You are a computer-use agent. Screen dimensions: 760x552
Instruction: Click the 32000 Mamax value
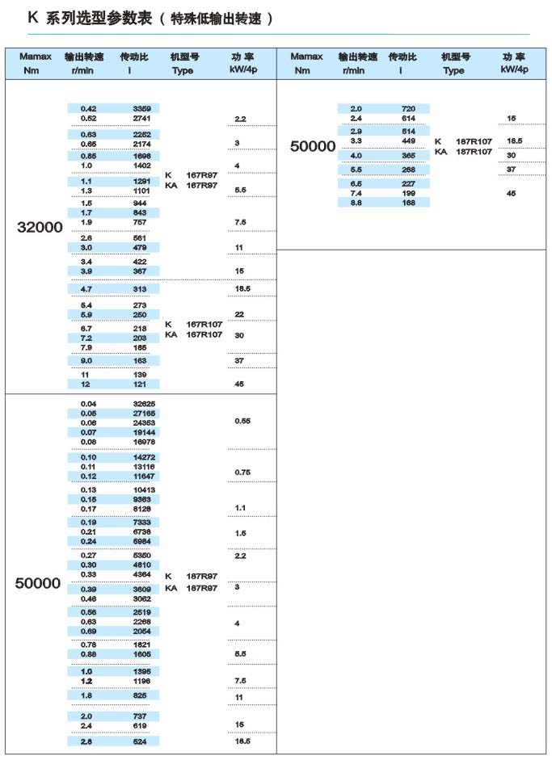(x=40, y=228)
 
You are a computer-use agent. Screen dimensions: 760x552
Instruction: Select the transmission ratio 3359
(x=142, y=108)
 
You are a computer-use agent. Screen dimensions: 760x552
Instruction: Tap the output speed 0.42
(x=89, y=108)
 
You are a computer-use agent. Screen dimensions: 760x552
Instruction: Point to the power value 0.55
(x=242, y=422)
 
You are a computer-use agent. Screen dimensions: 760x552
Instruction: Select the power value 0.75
(x=242, y=472)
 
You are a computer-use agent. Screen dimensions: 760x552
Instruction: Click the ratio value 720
(x=408, y=108)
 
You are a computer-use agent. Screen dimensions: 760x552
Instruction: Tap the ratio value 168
(x=408, y=203)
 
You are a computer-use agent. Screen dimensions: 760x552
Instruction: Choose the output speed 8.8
(x=356, y=203)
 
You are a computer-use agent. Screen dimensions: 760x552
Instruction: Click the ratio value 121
(x=141, y=384)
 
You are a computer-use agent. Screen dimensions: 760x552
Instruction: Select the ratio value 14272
(x=145, y=457)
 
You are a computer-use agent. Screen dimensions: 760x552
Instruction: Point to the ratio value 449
(x=408, y=141)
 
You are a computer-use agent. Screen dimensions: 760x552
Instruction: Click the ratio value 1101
(x=142, y=191)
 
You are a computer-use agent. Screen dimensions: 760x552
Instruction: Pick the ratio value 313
(x=141, y=288)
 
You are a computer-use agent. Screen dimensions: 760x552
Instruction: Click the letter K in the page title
(x=32, y=17)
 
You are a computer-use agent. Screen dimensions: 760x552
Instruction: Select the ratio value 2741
(x=142, y=118)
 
